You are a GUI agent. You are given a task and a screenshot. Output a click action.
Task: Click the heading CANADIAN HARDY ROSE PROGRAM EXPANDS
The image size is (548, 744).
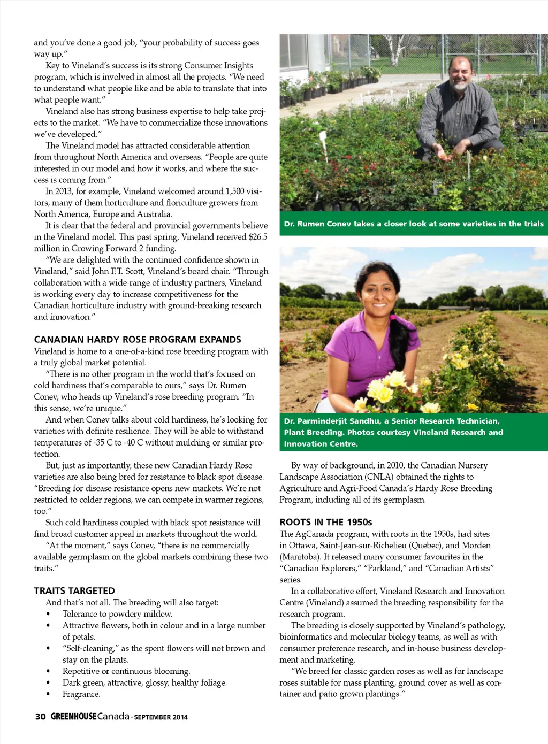(x=138, y=340)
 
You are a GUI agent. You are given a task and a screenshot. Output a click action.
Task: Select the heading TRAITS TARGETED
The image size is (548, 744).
(x=74, y=591)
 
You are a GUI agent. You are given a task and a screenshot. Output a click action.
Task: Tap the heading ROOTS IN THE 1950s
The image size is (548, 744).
(x=325, y=522)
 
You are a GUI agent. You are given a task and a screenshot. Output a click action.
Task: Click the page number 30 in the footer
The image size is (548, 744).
(x=40, y=717)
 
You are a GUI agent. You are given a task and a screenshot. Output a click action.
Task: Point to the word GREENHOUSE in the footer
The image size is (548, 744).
(x=74, y=717)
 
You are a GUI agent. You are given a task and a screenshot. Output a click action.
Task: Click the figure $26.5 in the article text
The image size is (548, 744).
(x=258, y=237)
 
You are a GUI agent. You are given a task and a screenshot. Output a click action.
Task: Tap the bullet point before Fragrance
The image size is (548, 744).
(x=49, y=694)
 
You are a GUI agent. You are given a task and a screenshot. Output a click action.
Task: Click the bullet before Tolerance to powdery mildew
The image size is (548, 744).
(x=49, y=614)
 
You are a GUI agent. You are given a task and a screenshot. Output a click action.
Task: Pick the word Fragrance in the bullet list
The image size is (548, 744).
(x=81, y=694)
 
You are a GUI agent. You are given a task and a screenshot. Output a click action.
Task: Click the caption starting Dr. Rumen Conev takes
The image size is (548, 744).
(x=413, y=224)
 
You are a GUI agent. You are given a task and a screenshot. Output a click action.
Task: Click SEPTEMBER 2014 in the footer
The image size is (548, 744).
(x=161, y=717)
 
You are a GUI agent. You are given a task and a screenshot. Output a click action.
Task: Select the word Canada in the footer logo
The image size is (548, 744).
(x=113, y=717)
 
